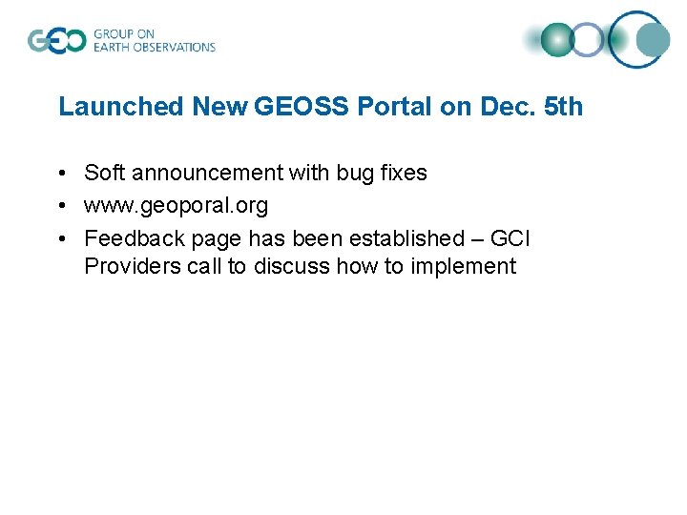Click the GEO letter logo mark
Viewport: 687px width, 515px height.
[56, 40]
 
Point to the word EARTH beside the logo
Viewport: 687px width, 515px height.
[112, 47]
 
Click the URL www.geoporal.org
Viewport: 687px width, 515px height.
[177, 205]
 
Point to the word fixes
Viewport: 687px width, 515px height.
[403, 173]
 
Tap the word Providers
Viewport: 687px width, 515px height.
[126, 266]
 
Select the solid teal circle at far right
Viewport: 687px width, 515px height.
[654, 39]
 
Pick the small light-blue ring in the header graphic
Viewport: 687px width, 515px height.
[589, 39]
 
